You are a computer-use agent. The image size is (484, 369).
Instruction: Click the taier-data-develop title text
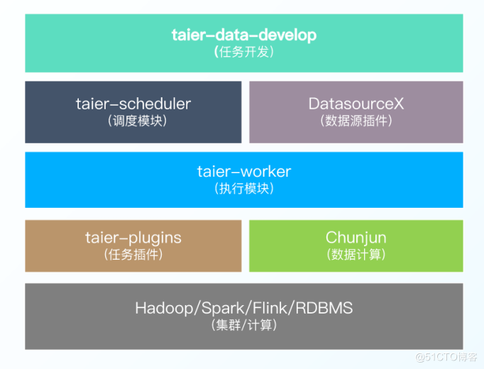pyautogui.click(x=243, y=35)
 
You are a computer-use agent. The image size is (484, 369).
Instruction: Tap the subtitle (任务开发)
pyautogui.click(x=243, y=52)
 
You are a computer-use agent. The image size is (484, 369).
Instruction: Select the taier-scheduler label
pyautogui.click(x=133, y=104)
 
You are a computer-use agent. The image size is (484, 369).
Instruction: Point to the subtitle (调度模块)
pyautogui.click(x=133, y=121)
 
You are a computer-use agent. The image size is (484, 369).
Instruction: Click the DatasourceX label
pyautogui.click(x=356, y=104)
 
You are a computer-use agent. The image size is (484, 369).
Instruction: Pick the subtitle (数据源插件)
pyautogui.click(x=356, y=121)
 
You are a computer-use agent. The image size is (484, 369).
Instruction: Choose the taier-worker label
pyautogui.click(x=243, y=172)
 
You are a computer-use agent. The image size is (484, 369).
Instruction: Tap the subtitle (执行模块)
pyautogui.click(x=243, y=189)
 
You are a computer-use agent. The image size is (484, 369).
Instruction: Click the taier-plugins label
pyautogui.click(x=133, y=238)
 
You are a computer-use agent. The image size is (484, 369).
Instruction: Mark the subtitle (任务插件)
pyautogui.click(x=133, y=254)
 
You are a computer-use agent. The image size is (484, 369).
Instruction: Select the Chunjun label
pyautogui.click(x=356, y=238)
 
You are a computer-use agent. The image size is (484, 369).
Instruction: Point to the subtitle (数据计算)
pyautogui.click(x=356, y=254)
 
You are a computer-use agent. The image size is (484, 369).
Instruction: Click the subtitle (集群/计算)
pyautogui.click(x=243, y=326)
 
